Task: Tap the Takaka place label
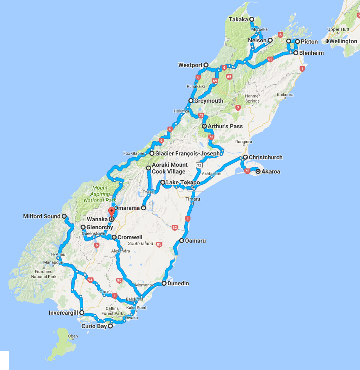pos(239,19)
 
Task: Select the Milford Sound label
pos(42,217)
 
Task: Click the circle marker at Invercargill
pos(82,313)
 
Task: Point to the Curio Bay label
pos(94,326)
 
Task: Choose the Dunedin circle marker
pos(164,283)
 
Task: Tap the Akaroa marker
pos(258,171)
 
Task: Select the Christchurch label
pos(266,158)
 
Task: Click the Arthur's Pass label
pos(225,126)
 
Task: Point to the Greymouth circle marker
pos(191,101)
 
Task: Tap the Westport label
pos(190,65)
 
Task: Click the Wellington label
pos(343,41)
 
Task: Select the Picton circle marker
pos(297,42)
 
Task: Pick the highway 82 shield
pos(174,228)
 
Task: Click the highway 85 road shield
pos(159,244)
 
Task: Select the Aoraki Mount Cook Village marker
pos(148,168)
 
